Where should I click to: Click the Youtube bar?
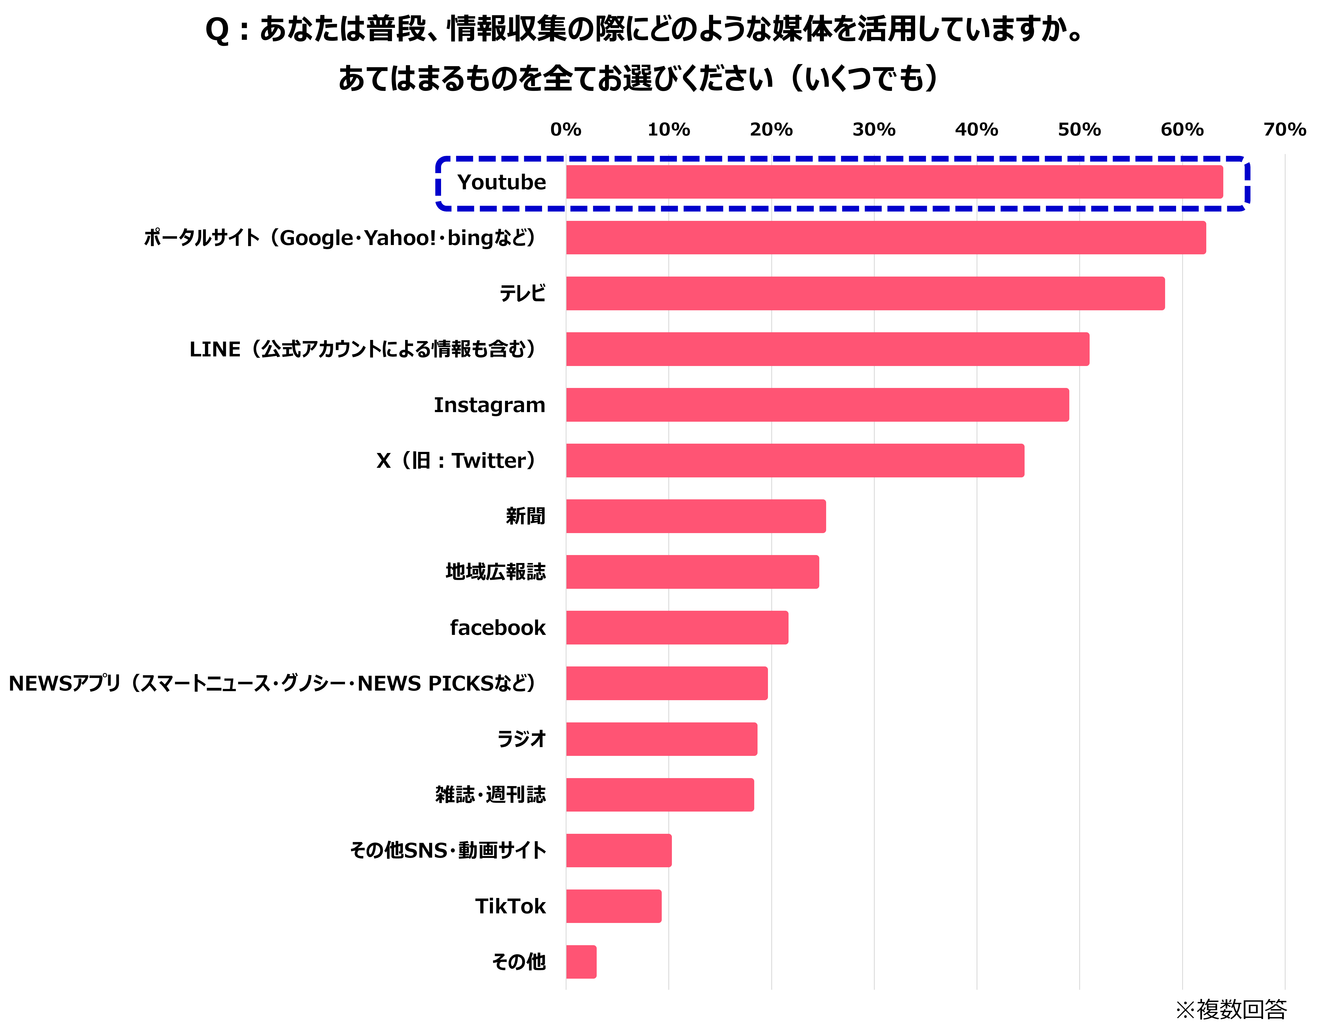pyautogui.click(x=894, y=182)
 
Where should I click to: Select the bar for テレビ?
pyautogui.click(x=865, y=294)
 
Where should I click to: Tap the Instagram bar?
pyautogui.click(x=817, y=405)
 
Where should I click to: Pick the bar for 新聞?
pyautogui.click(x=695, y=516)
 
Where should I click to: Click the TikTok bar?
pyautogui.click(x=613, y=906)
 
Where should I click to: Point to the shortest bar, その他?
pyautogui.click(x=581, y=962)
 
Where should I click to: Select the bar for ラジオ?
pyautogui.click(x=661, y=739)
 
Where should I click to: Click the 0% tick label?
pyautogui.click(x=566, y=130)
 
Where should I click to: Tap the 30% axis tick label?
pyautogui.click(x=874, y=130)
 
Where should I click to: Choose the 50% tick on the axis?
pyautogui.click(x=1079, y=130)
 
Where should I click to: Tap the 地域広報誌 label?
pyautogui.click(x=495, y=572)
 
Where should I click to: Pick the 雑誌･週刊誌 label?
pyautogui.click(x=490, y=795)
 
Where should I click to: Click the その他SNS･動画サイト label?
pyautogui.click(x=448, y=851)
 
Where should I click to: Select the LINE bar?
pyautogui.click(x=827, y=349)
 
